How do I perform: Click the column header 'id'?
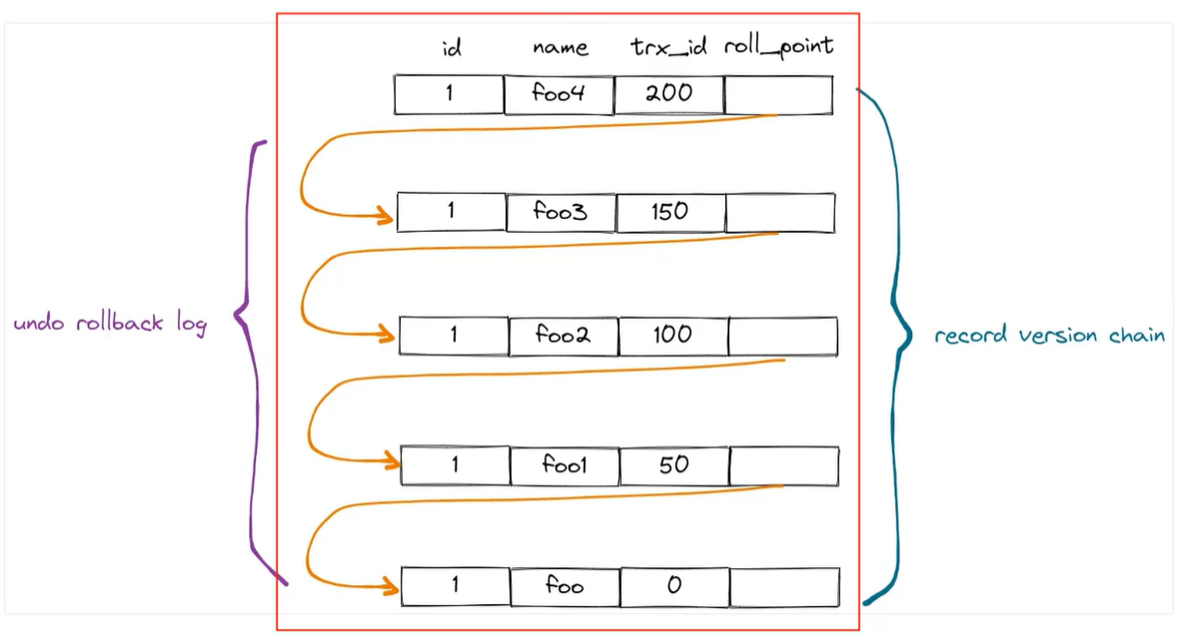click(x=452, y=48)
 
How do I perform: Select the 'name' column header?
click(x=560, y=48)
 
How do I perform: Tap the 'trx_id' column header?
click(x=668, y=47)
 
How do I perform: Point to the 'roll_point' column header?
click(x=778, y=47)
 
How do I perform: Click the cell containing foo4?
click(x=559, y=95)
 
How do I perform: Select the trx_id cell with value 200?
click(x=668, y=95)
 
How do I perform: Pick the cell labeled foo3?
click(x=561, y=213)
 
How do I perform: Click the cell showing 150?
click(x=670, y=213)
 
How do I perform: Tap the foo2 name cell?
click(x=563, y=335)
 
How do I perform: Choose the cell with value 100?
click(x=672, y=335)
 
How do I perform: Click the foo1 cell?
click(x=565, y=465)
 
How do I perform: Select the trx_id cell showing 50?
click(x=674, y=465)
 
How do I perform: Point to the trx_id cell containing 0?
click(x=674, y=586)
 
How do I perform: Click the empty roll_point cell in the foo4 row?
click(x=778, y=95)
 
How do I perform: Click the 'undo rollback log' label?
click(x=110, y=324)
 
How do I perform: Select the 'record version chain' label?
click(x=1049, y=335)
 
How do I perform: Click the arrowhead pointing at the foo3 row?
click(x=383, y=214)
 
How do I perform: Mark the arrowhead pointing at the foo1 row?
click(x=386, y=461)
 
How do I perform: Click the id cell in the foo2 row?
click(x=454, y=335)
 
